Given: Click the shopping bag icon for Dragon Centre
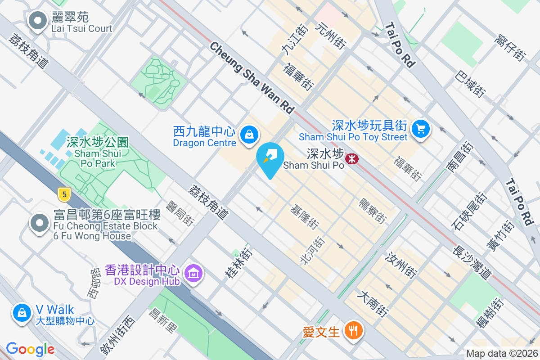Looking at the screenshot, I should click(x=248, y=134).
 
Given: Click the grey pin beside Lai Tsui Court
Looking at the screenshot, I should click(x=38, y=20).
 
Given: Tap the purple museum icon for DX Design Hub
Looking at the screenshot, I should click(x=194, y=273).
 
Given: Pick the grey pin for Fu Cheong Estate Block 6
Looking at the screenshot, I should click(x=40, y=222).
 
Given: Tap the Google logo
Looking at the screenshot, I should click(x=30, y=349).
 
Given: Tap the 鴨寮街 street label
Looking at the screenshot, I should click(x=373, y=211).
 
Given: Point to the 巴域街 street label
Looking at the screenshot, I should click(x=470, y=84).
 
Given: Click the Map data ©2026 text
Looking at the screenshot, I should click(x=502, y=354).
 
